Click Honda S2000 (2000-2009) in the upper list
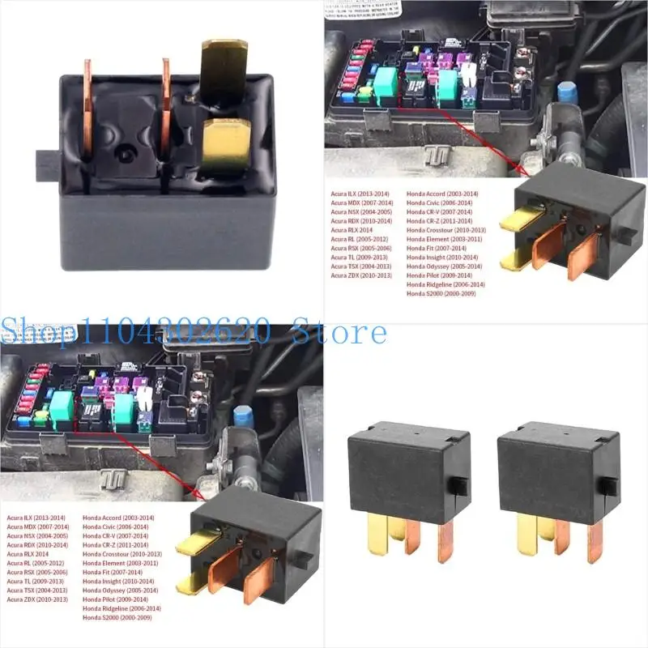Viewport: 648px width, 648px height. pyautogui.click(x=441, y=293)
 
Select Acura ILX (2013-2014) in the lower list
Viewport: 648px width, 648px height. pyautogui.click(x=36, y=517)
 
